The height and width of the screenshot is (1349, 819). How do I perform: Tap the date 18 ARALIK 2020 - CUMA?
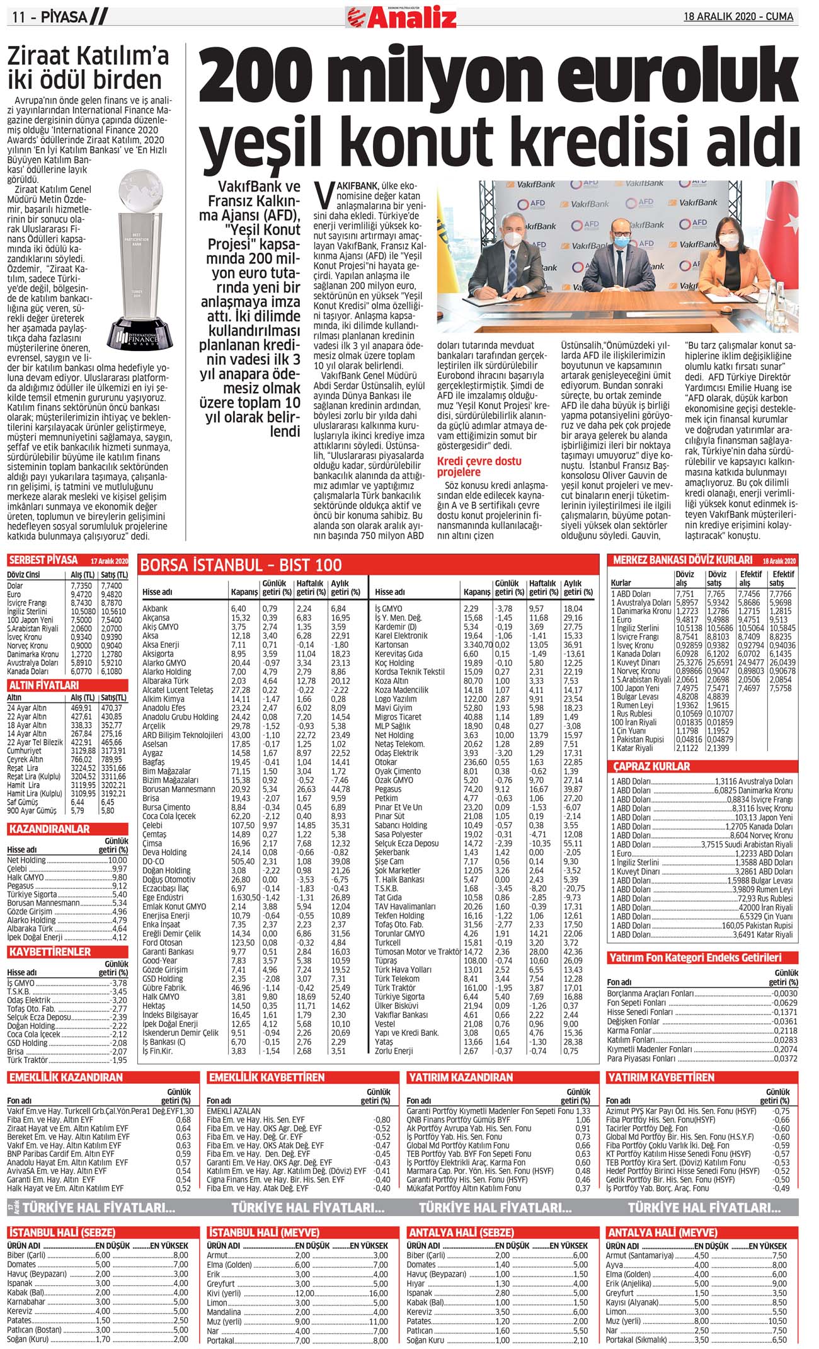point(738,16)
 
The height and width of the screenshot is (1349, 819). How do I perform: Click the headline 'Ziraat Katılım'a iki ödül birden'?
point(88,68)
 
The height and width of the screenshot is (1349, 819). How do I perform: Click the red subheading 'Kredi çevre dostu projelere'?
point(479,466)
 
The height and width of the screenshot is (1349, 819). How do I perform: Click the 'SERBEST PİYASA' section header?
point(43,560)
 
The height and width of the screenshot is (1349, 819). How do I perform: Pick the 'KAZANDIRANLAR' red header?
point(49,829)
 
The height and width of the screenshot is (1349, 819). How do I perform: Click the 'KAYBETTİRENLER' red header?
point(50,951)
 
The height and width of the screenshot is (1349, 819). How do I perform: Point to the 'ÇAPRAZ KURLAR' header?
point(651,766)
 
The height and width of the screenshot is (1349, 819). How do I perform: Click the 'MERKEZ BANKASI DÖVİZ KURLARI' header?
point(682,560)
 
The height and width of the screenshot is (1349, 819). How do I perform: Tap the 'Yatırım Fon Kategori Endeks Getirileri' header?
point(695,958)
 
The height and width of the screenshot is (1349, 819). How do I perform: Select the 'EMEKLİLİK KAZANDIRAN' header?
point(66,1077)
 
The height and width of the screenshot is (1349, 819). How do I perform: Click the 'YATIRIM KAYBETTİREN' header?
point(661,1077)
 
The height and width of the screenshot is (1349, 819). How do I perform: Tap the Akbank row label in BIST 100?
point(155,609)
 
